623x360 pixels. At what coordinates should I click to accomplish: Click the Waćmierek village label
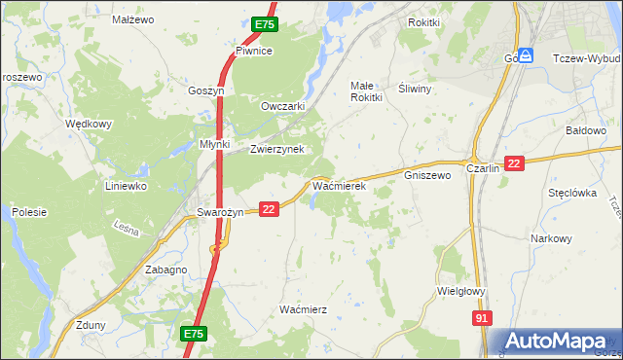tap(338, 183)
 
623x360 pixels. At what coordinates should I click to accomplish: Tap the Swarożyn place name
tap(220, 212)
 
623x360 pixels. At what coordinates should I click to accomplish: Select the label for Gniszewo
tap(427, 176)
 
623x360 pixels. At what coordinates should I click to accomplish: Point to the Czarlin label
tap(483, 168)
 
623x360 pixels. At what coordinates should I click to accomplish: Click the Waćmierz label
tap(303, 308)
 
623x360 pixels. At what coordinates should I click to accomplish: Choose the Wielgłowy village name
tap(461, 290)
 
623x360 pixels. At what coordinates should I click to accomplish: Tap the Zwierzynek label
tap(277, 149)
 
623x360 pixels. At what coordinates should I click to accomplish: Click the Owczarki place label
tap(283, 106)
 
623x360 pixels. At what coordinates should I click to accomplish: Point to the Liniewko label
tap(126, 185)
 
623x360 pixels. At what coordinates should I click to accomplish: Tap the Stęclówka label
tap(571, 193)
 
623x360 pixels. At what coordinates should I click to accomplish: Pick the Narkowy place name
tap(550, 238)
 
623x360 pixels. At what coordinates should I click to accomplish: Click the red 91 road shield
tap(483, 318)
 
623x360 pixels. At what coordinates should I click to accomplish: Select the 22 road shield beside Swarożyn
tap(270, 208)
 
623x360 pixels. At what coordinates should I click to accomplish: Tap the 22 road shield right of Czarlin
tap(515, 163)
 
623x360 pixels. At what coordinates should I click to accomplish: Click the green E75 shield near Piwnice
tap(264, 24)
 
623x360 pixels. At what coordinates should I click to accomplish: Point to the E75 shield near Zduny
tap(194, 334)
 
